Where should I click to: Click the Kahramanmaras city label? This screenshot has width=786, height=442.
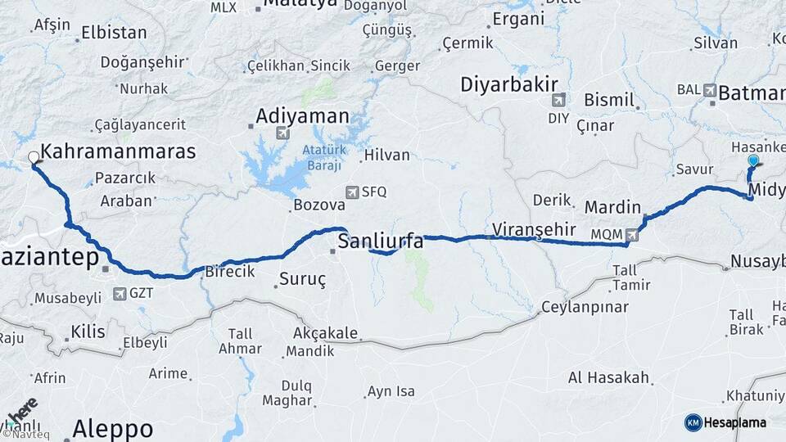118,151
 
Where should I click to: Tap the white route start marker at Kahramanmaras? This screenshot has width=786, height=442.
34,157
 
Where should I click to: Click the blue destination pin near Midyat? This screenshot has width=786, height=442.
753,162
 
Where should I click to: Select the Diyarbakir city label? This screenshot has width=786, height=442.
508,83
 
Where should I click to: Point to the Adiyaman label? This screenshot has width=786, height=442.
302,115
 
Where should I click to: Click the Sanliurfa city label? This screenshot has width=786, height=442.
381,241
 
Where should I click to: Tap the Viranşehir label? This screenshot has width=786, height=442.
535,228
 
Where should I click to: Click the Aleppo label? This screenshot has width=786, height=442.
112,428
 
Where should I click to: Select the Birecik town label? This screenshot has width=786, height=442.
230,271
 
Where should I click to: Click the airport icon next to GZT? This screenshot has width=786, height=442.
120,293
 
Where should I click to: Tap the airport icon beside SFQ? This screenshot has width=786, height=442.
352,192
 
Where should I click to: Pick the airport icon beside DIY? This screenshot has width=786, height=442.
558,100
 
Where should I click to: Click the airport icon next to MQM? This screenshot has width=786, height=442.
631,236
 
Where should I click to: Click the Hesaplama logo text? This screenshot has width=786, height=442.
734,422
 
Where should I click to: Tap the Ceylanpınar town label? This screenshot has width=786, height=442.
585,307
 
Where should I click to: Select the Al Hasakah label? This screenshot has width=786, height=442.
609,378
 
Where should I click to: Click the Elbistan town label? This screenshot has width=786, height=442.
114,34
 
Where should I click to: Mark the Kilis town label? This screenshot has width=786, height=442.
88,331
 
